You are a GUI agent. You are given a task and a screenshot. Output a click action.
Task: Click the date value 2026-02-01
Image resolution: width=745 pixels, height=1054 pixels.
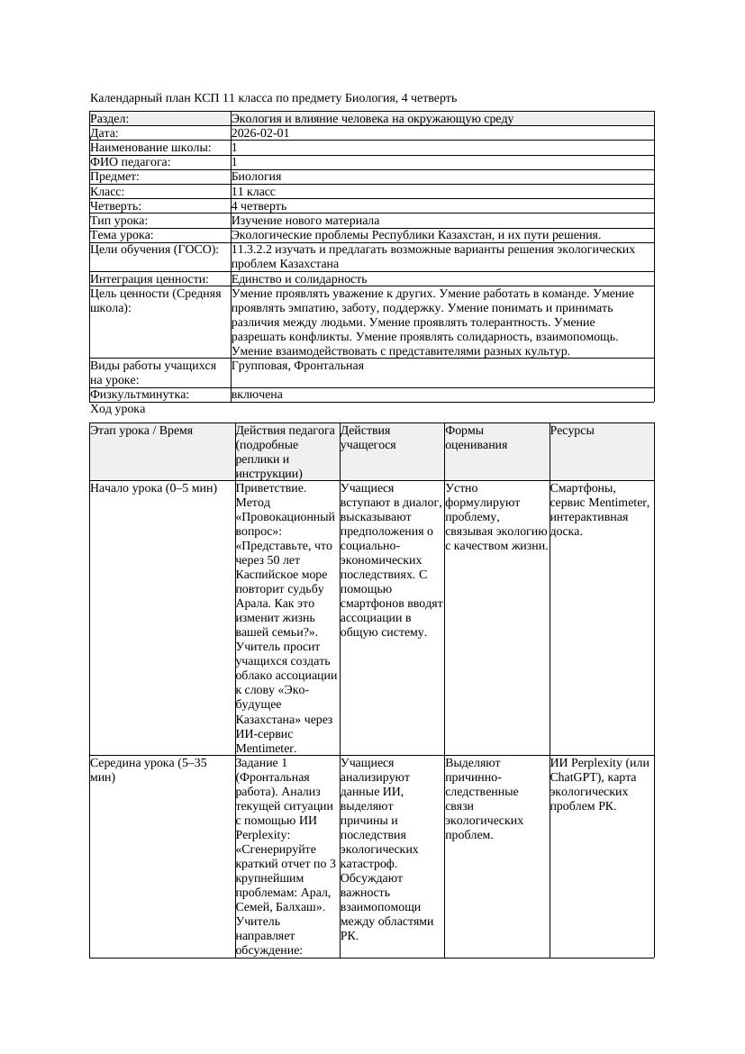pos(260,133)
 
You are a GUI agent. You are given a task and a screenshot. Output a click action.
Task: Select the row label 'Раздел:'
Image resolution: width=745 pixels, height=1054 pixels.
pos(110,119)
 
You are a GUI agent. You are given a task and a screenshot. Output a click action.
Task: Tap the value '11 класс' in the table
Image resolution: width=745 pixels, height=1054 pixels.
pos(253,192)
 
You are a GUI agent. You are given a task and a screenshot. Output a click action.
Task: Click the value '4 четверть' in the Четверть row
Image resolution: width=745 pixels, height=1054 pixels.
pos(259,206)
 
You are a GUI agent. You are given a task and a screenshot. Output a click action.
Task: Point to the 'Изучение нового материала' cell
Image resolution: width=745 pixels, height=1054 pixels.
pos(305,221)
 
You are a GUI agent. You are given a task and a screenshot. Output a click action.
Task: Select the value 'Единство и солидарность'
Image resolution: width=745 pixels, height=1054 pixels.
pos(299,279)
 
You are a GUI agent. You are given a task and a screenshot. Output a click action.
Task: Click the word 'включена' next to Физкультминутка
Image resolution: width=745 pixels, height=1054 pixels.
pos(257,395)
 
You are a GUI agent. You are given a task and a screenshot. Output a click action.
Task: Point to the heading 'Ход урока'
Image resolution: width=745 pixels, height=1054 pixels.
pos(117,409)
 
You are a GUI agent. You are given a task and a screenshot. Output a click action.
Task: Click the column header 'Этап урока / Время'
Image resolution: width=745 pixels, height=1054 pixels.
pos(141,431)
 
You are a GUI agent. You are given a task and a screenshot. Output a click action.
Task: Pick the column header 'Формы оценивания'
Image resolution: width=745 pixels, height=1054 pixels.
pos(476,437)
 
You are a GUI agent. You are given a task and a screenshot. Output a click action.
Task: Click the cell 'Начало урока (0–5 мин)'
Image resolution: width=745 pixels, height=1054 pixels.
pos(154,488)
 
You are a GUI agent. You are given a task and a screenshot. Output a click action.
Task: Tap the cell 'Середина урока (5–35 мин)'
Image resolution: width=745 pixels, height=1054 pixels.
pos(149,769)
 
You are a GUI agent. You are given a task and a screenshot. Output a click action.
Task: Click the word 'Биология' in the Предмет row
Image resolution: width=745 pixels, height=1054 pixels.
pos(257,177)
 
